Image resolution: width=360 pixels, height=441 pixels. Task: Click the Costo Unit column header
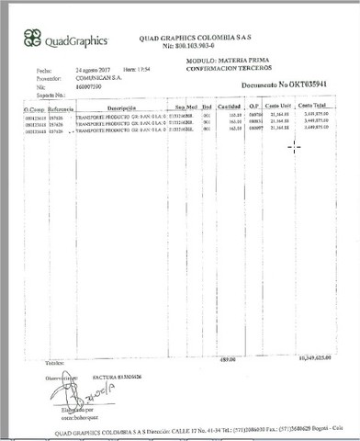[278, 108]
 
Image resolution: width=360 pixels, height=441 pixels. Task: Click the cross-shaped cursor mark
[294, 145]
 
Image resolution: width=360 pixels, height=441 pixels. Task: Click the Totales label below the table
[29, 360]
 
